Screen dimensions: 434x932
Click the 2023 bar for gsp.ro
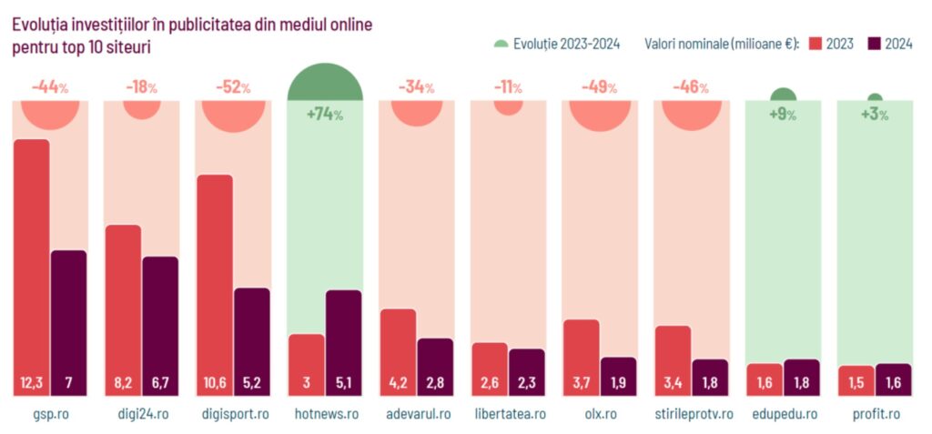[x=32, y=264]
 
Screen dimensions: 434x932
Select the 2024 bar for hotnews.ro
[x=343, y=341]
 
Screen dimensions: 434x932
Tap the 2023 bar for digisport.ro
[x=215, y=282]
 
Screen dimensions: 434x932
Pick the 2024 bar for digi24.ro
[x=160, y=323]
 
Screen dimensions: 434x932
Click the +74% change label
[x=324, y=115]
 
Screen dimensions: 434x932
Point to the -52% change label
[x=233, y=87]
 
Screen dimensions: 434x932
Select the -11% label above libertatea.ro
[x=507, y=87]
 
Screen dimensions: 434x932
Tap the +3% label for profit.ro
[x=874, y=115]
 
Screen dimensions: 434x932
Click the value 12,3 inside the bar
[x=32, y=383]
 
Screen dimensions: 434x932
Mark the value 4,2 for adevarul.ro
[x=398, y=383]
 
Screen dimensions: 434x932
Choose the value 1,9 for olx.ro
[x=618, y=383]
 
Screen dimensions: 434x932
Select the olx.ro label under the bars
[x=599, y=414]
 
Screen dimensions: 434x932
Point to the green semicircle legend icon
[x=501, y=44]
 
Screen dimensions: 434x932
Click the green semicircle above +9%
[x=783, y=96]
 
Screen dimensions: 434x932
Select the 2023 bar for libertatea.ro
[x=490, y=368]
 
